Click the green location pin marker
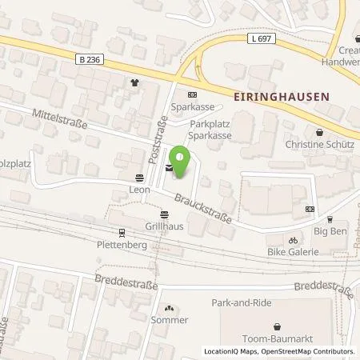click(x=183, y=163)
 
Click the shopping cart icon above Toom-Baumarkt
click(x=277, y=326)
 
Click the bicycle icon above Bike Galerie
click(x=294, y=239)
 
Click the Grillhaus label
click(x=164, y=226)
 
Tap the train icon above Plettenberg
click(x=122, y=233)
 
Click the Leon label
click(x=140, y=190)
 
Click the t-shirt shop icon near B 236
click(x=134, y=82)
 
